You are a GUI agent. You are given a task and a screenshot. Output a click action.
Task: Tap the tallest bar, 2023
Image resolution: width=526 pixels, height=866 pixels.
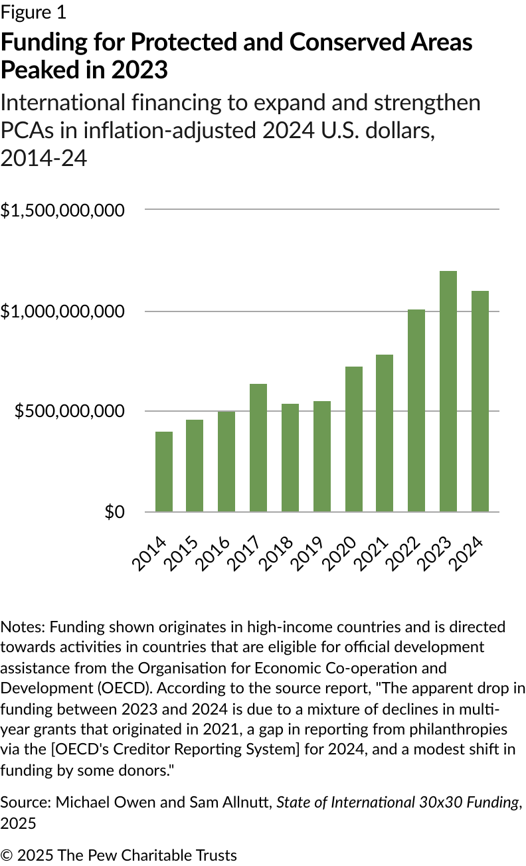[x=448, y=391]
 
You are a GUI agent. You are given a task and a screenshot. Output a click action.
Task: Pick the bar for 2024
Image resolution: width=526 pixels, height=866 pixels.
[x=480, y=401]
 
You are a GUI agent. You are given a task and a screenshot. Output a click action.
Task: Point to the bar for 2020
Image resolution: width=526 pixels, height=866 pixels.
[x=354, y=439]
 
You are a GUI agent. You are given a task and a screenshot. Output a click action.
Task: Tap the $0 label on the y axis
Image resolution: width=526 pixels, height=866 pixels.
[x=114, y=512]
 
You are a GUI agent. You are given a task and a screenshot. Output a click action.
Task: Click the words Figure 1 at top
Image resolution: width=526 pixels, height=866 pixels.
[x=33, y=12]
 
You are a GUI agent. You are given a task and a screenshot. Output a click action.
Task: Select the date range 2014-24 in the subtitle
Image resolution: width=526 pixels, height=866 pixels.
[x=44, y=158]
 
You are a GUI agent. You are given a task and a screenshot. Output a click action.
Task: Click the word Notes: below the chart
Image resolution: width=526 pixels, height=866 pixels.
[x=23, y=626]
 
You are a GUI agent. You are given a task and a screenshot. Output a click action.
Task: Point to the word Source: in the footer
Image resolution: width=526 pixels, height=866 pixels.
[x=25, y=802]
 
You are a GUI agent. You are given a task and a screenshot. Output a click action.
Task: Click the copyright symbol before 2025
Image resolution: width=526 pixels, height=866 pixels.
[x=7, y=855]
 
